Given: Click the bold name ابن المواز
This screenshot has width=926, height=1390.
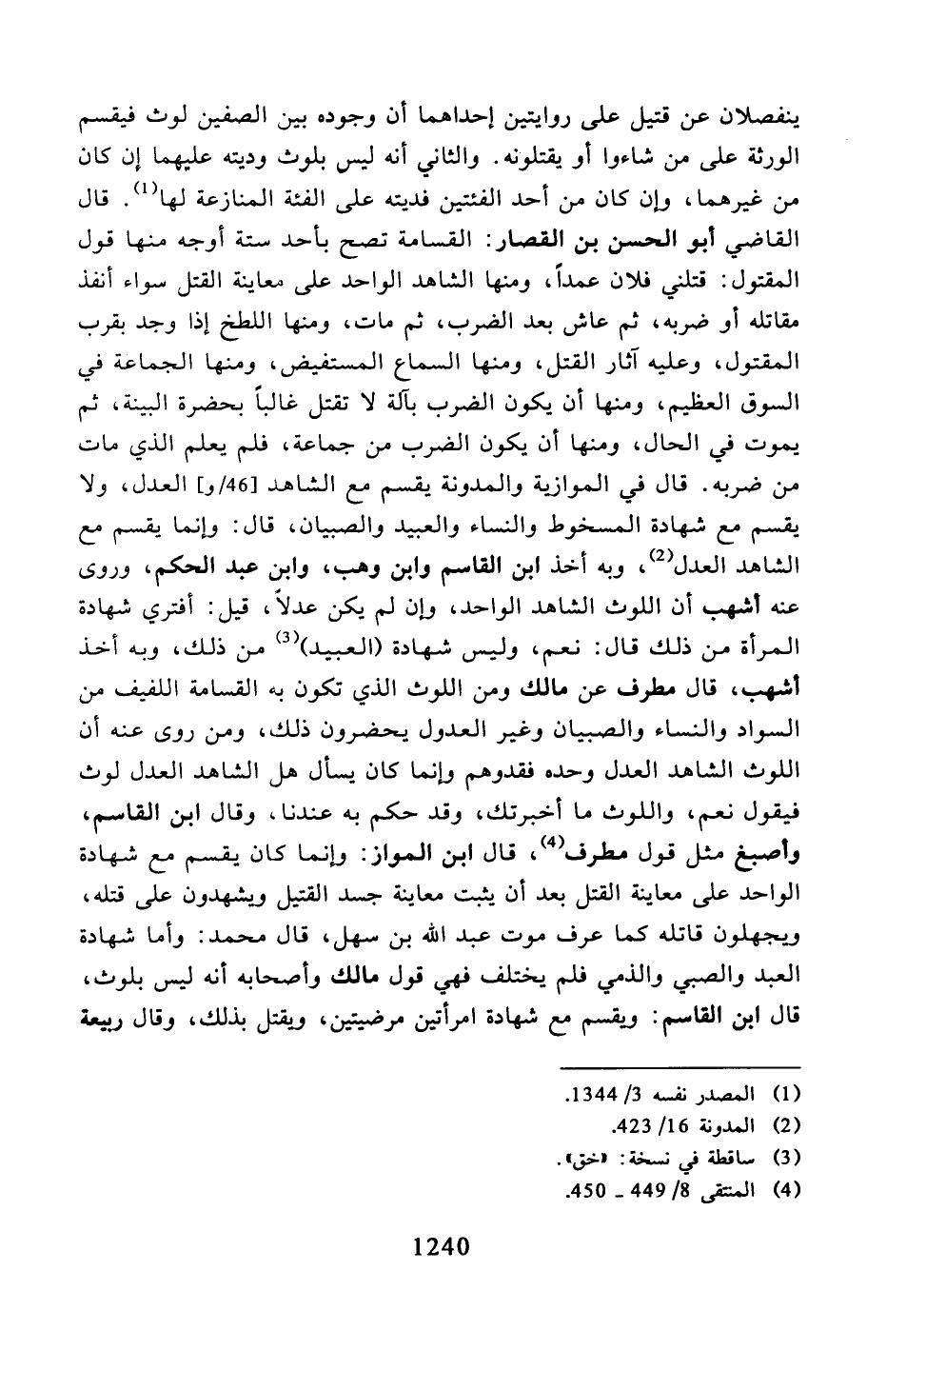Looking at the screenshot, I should tap(461, 855).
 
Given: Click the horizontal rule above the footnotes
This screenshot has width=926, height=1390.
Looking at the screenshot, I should tap(679, 1068).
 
